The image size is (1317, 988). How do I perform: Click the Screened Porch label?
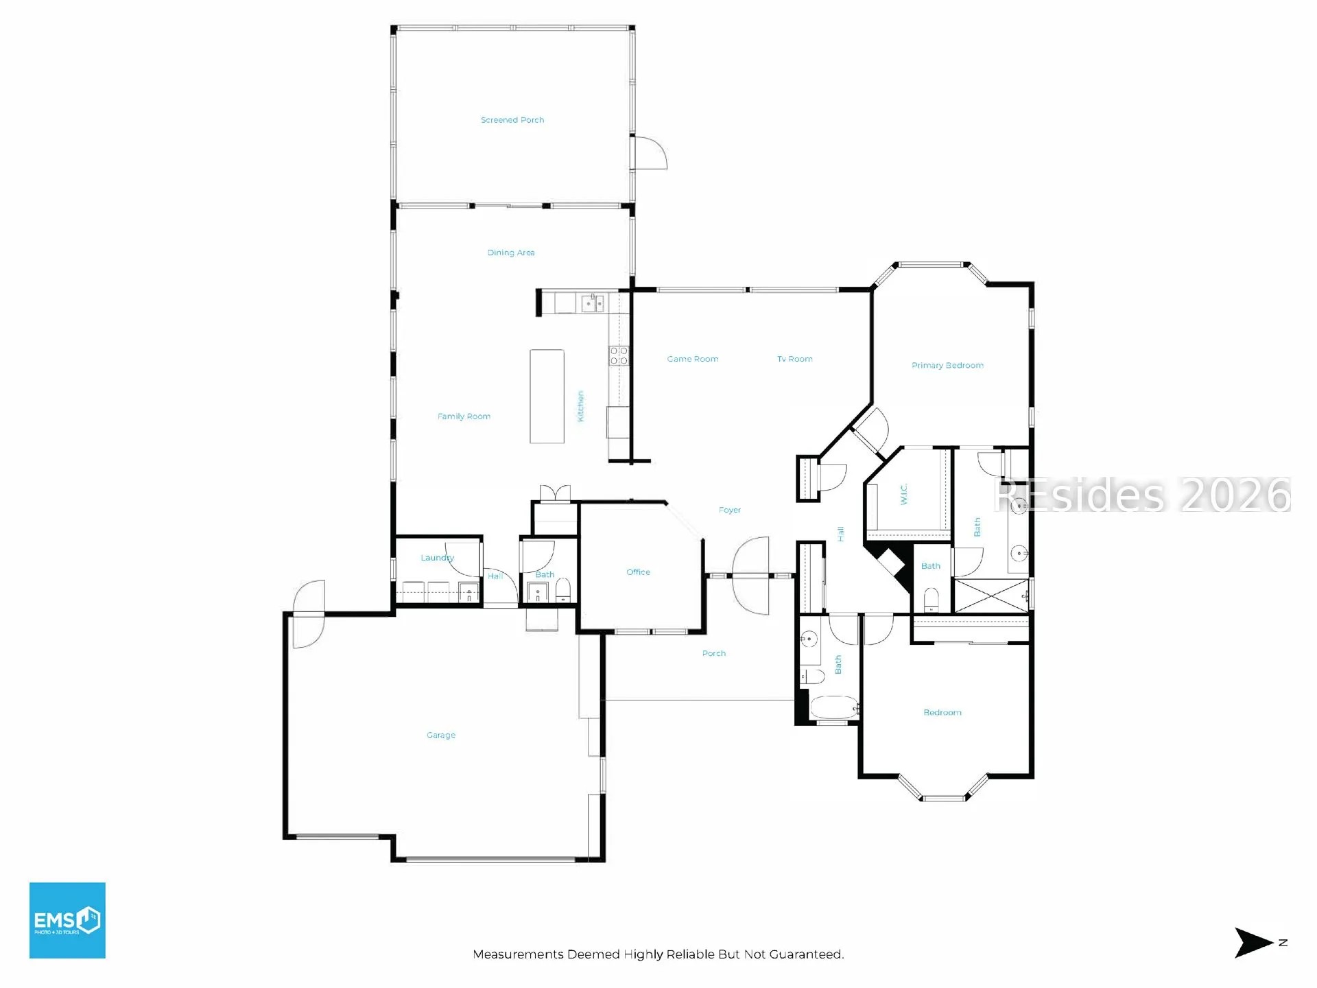click(512, 120)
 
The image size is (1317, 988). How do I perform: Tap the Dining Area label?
click(511, 252)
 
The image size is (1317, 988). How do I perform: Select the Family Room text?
click(464, 416)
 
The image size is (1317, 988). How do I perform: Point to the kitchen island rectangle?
click(547, 396)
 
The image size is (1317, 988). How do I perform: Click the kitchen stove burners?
click(619, 355)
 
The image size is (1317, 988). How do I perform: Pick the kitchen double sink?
click(593, 303)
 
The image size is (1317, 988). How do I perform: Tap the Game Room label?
click(693, 359)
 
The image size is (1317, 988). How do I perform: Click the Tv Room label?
click(795, 359)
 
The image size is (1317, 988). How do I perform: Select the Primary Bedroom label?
click(947, 365)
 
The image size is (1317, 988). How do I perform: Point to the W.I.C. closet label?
click(904, 494)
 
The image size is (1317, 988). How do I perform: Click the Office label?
click(638, 572)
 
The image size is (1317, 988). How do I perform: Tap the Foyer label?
click(730, 510)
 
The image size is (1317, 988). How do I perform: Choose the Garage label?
click(441, 735)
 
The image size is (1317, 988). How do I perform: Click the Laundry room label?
click(437, 558)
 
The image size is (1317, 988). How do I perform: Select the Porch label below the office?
click(714, 653)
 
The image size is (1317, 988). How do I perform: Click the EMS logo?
click(67, 920)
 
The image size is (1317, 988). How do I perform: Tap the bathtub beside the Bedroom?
click(835, 707)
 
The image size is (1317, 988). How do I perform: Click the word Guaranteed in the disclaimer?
click(807, 954)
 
